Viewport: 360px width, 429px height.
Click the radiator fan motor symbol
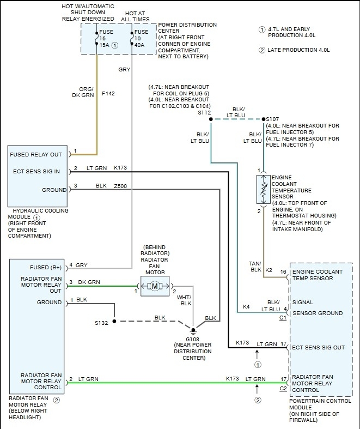(155, 286)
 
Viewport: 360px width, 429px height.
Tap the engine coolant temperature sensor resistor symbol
(264, 189)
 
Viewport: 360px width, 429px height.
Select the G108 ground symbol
(192, 330)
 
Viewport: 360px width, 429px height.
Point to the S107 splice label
(272, 118)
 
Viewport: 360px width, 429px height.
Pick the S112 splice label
(204, 113)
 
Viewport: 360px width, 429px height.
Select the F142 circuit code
(108, 93)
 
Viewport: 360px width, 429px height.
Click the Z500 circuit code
(121, 186)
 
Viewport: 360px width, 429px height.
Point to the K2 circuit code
(269, 270)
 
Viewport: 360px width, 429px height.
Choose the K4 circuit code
(246, 307)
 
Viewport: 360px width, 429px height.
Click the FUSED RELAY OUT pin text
(36, 154)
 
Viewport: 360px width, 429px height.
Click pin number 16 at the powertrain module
(283, 271)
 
